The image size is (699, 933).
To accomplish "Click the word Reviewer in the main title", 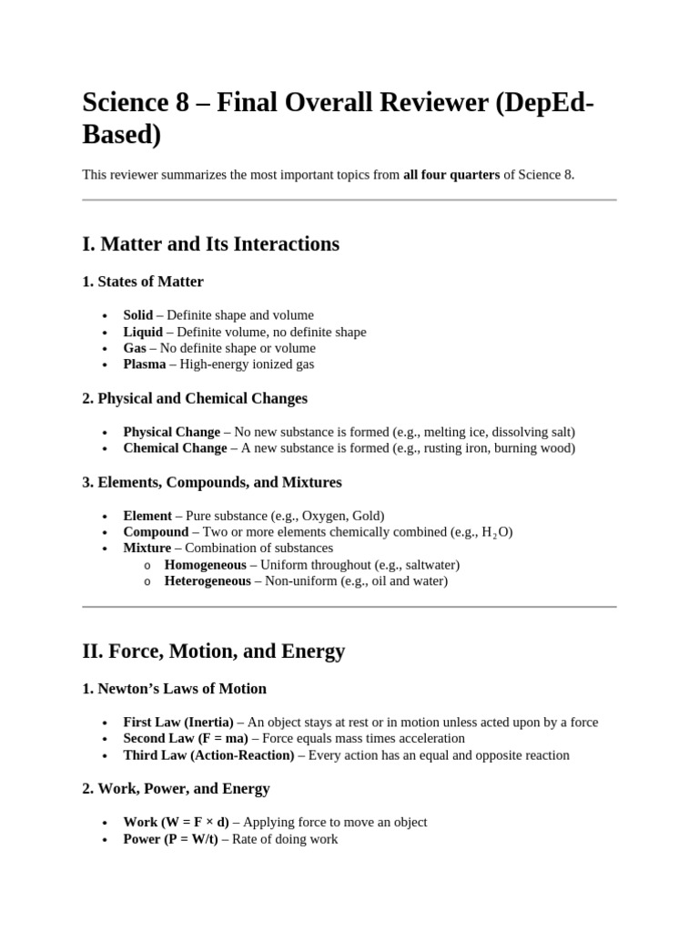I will click(420, 103).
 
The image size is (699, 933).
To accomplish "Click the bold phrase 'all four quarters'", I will click(451, 175).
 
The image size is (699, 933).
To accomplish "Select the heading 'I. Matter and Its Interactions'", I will click(210, 244).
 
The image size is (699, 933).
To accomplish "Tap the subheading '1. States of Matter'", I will click(143, 282).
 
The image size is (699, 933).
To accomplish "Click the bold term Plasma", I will click(145, 364).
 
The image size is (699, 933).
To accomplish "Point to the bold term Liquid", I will click(143, 332).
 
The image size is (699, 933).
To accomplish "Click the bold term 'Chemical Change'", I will click(175, 448).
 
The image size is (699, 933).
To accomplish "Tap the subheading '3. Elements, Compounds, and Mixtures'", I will click(212, 482).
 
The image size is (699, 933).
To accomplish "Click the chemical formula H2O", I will click(497, 532).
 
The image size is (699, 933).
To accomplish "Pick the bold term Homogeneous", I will click(205, 565).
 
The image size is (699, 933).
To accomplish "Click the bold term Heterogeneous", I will click(208, 581).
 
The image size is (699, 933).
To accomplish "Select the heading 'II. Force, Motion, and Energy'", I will click(214, 651).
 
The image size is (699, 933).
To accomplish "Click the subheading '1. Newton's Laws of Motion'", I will click(174, 689).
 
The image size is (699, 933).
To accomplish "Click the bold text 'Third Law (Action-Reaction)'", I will click(208, 755).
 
